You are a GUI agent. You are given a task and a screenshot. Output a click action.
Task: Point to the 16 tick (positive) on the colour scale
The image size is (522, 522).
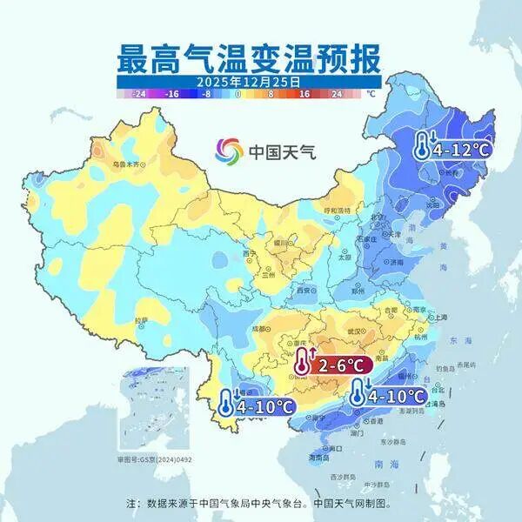pos(304,92)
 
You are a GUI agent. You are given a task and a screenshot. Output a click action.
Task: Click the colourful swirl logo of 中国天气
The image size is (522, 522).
pos(230,151)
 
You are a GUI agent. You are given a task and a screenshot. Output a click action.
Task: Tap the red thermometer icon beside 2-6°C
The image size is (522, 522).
pos(302,362)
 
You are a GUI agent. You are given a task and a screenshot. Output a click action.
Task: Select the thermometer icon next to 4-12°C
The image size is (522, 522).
pos(422,145)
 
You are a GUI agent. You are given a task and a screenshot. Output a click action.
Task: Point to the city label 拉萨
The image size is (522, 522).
pos(141,321)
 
